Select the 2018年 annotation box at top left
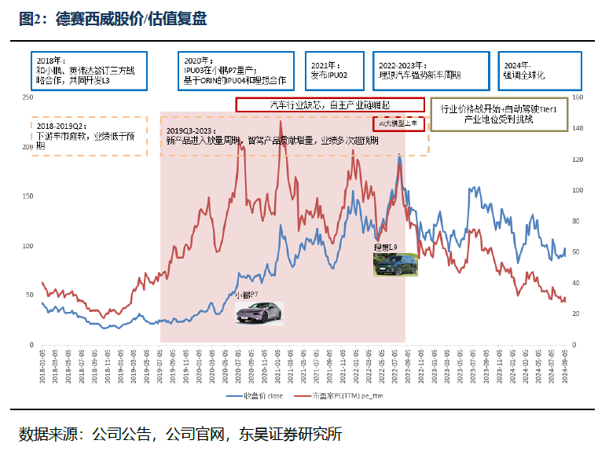coord(84,70)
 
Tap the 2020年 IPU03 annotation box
coord(233,70)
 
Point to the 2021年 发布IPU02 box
coord(334,70)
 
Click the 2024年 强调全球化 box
coord(539,70)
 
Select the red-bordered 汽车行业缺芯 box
coord(330,105)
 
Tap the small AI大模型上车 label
coord(398,123)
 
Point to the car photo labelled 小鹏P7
coord(259,312)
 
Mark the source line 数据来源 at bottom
coord(181,434)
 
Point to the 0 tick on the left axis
coord(31,343)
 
